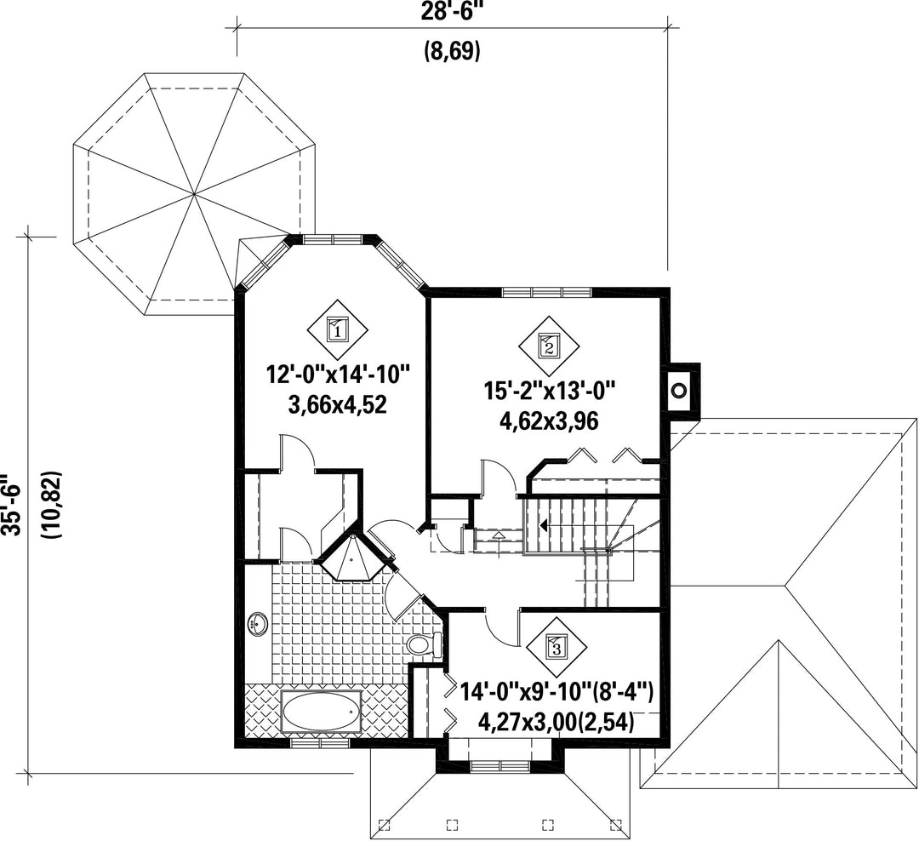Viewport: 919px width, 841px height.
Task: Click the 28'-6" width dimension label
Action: click(x=452, y=12)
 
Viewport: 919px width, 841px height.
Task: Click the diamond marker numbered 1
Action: click(x=338, y=331)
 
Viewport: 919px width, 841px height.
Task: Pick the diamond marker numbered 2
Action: click(x=549, y=346)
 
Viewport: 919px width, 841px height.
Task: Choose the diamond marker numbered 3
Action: click(x=557, y=648)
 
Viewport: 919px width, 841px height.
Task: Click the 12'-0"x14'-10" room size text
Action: click(x=337, y=375)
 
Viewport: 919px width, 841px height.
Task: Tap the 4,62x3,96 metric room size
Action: click(x=549, y=420)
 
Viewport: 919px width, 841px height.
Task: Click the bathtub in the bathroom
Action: click(x=321, y=712)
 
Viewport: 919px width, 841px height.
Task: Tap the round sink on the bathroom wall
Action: click(x=258, y=623)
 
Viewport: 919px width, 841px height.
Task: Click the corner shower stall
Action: click(x=351, y=556)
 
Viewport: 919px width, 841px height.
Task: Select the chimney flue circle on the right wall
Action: click(x=679, y=390)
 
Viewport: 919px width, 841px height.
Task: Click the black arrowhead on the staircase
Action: click(x=544, y=525)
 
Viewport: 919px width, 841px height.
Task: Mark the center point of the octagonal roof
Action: click(x=194, y=193)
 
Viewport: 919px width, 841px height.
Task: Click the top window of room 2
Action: click(x=547, y=291)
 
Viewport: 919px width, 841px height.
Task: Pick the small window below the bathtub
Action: click(x=320, y=743)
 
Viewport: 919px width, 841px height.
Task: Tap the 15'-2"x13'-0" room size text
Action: click(x=549, y=389)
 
